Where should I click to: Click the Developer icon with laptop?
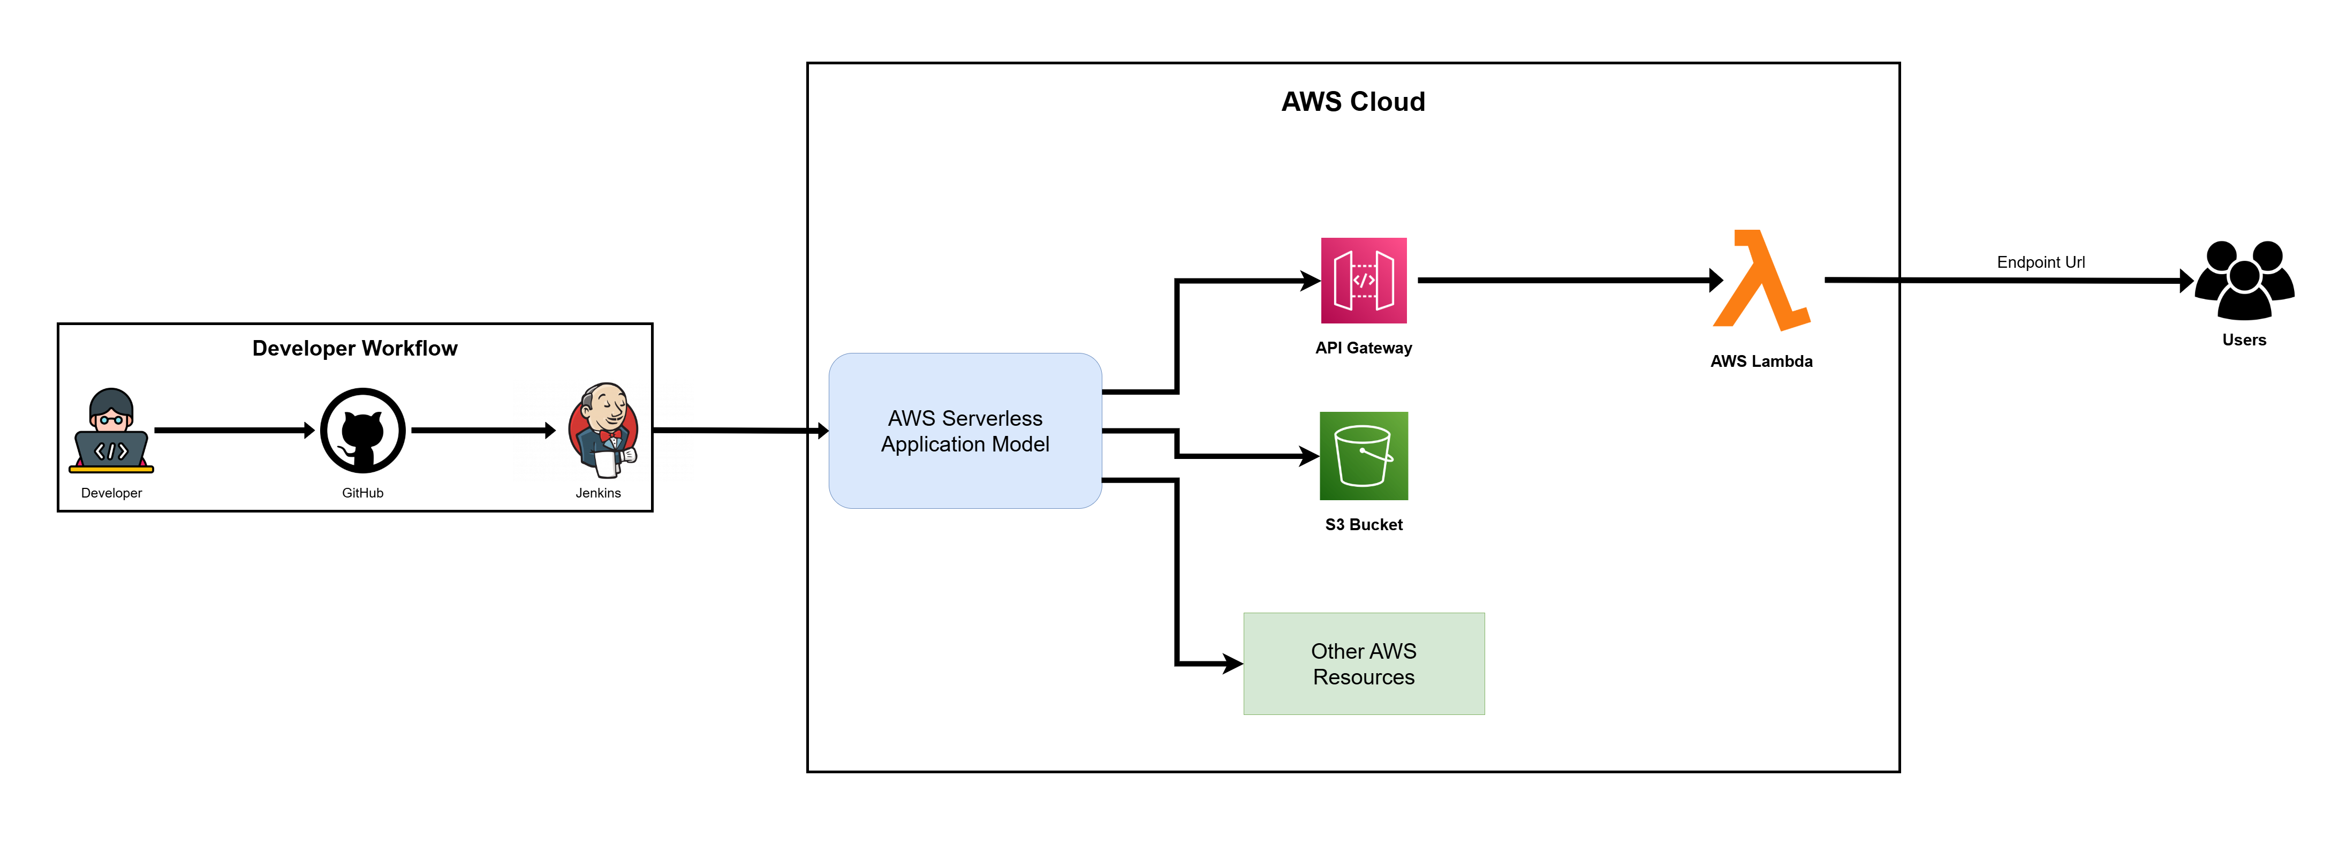pyautogui.click(x=111, y=431)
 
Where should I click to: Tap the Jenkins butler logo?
pyautogui.click(x=603, y=430)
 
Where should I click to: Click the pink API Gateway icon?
pyautogui.click(x=1364, y=281)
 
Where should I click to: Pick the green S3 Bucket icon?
pyautogui.click(x=1364, y=455)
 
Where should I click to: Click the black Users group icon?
pyautogui.click(x=2244, y=281)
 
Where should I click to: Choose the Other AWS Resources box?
pyautogui.click(x=1364, y=664)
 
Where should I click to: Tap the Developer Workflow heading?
pyautogui.click(x=354, y=349)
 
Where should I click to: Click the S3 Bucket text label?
pyautogui.click(x=1364, y=525)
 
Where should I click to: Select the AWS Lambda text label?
pyautogui.click(x=1761, y=361)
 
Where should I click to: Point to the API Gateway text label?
pyautogui.click(x=1364, y=348)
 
